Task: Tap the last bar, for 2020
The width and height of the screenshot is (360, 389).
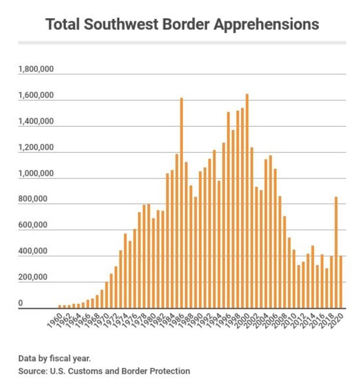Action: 341,282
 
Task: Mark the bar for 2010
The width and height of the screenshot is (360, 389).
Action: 294,279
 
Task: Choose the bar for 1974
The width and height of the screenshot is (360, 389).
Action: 125,271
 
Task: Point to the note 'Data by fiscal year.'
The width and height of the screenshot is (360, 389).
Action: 54,357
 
